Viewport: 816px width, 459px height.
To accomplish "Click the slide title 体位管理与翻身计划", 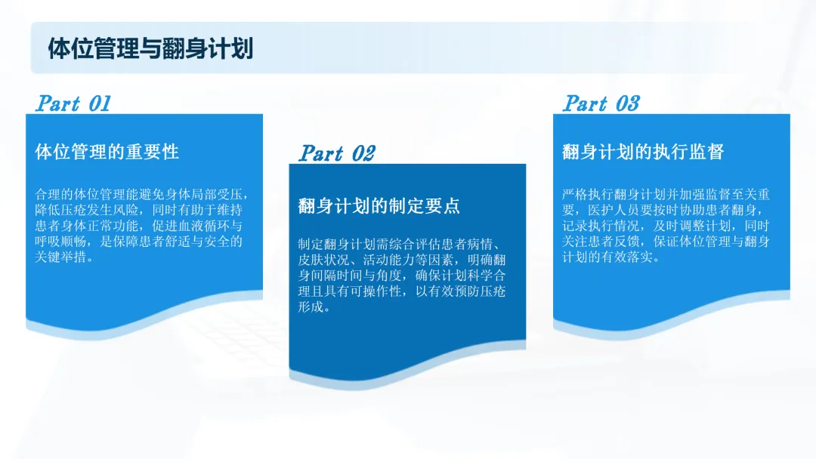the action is (x=150, y=49).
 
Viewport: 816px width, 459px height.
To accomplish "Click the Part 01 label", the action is (x=73, y=103).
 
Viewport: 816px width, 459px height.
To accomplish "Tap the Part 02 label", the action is (x=337, y=153).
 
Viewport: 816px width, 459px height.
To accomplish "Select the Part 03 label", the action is (x=601, y=103).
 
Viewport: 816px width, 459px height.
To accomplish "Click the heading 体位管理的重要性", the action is (x=107, y=152).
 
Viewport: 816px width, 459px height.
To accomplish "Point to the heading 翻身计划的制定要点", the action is (x=379, y=206).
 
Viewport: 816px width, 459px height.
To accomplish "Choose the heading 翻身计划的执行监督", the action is (x=643, y=152).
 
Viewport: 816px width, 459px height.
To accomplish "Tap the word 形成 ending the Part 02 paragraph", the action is (x=311, y=307).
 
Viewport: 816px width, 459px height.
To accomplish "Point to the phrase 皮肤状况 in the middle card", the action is (x=323, y=260).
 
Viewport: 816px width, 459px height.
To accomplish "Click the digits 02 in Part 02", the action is (x=363, y=153).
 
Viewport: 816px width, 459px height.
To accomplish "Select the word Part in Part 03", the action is (x=586, y=103).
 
